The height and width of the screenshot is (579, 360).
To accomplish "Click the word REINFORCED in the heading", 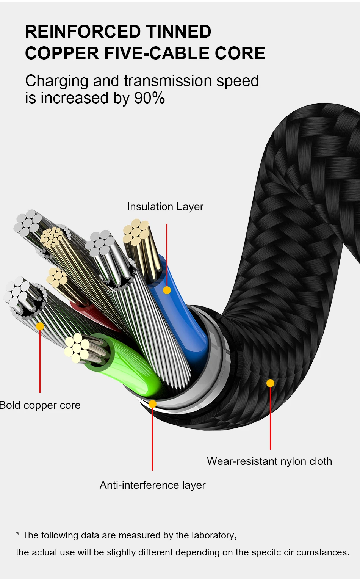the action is [x=83, y=31].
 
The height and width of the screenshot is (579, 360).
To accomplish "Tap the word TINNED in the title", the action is [x=179, y=31].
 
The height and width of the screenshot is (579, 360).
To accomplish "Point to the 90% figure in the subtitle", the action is [x=150, y=98].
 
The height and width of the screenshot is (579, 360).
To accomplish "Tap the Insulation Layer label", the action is [x=165, y=207].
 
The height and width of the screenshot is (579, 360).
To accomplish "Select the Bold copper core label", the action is [x=40, y=405].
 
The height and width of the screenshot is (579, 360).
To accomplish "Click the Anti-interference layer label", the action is [x=152, y=485].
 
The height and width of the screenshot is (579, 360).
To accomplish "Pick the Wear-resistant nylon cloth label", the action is [x=269, y=461].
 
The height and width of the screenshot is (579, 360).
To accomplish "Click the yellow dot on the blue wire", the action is [x=167, y=290].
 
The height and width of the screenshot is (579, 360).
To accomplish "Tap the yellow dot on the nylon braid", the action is [x=271, y=383].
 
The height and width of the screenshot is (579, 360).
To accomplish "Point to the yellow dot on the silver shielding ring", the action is [x=152, y=404].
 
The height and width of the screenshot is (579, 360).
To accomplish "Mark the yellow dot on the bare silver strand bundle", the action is [x=40, y=326].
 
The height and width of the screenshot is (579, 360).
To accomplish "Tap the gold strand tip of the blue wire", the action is [x=136, y=232].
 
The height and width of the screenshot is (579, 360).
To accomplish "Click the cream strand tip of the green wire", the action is [x=77, y=348].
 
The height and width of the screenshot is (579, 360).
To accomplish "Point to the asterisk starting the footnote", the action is [x=18, y=534].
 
